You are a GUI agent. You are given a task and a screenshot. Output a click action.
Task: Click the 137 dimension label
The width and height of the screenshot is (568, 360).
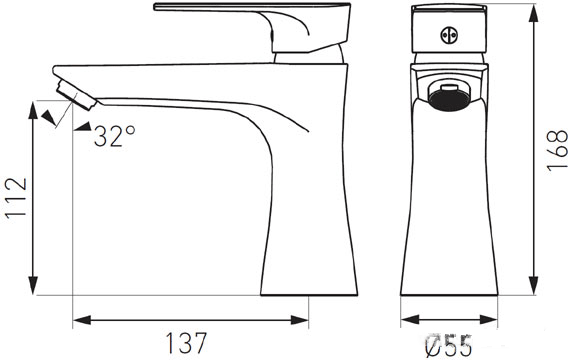pyautogui.click(x=186, y=343)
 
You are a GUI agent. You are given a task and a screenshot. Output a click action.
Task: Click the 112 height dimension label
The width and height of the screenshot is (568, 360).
pyautogui.click(x=16, y=197)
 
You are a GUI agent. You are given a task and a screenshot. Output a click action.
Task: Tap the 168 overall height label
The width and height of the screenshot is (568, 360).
pyautogui.click(x=557, y=150)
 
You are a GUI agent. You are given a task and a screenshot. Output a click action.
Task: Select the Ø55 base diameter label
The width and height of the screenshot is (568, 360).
pyautogui.click(x=448, y=346)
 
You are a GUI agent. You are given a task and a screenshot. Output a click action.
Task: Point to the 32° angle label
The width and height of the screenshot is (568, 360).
pyautogui.click(x=114, y=136)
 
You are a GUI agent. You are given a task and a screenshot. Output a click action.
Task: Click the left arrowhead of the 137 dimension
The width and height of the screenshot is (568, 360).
pyautogui.click(x=82, y=320)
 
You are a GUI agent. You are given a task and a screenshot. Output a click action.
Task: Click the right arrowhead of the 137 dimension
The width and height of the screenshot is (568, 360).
pyautogui.click(x=300, y=320)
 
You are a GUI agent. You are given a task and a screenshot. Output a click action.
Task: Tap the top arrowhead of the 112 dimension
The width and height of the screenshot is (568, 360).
pyautogui.click(x=33, y=110)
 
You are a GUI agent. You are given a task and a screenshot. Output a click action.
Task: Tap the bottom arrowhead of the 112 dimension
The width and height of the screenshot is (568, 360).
pyautogui.click(x=33, y=286)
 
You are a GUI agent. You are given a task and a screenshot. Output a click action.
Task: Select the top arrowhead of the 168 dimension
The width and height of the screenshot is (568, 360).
pyautogui.click(x=533, y=13)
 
